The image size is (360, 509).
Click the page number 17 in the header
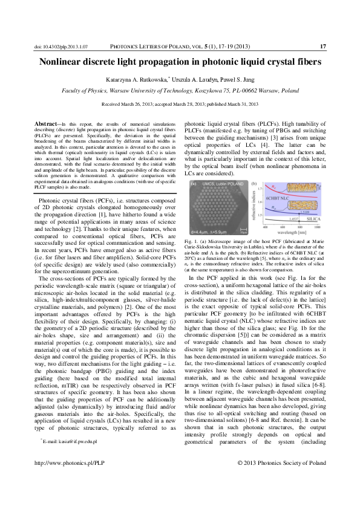click(322, 47)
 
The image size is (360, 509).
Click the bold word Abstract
click(47, 124)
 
